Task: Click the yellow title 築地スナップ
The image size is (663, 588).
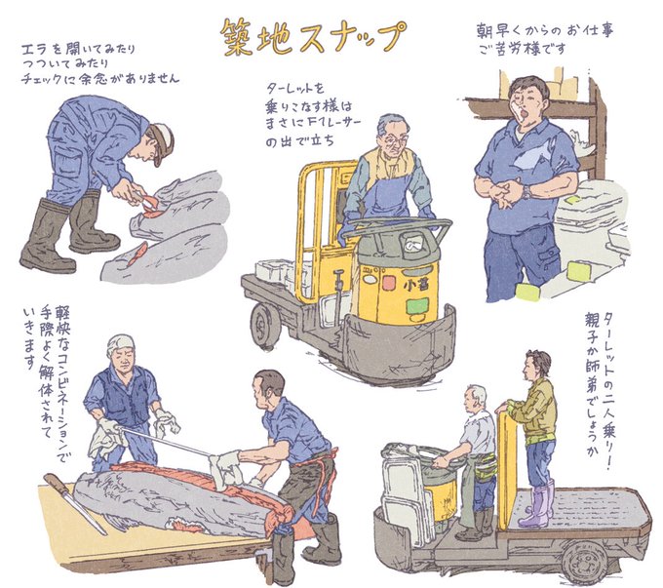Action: (x=313, y=38)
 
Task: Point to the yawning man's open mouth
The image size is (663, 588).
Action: (x=526, y=113)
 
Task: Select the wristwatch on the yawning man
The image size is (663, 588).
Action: (x=526, y=192)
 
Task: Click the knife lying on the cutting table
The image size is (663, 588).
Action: (x=75, y=503)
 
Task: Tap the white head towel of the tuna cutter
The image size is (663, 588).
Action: (x=120, y=344)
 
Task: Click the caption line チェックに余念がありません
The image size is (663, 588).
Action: (x=100, y=79)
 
